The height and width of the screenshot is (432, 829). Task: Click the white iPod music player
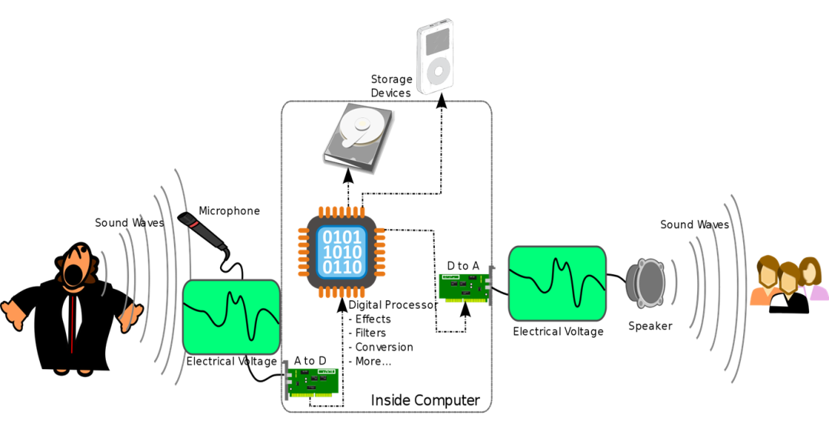435,57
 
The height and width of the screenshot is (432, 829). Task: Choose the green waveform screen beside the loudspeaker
558,283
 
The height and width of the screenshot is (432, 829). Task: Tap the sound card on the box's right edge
465,287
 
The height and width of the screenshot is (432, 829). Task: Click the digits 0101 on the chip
341,236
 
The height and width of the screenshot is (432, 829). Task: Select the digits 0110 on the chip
341,267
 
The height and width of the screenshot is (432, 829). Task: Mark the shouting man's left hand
129,317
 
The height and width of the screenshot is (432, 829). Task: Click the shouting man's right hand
15,314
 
